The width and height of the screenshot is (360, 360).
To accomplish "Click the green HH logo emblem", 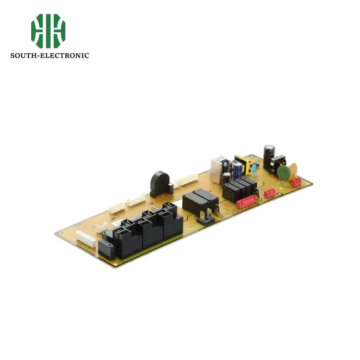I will [x=48, y=27].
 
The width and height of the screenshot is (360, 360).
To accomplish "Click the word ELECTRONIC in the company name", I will [x=69, y=56].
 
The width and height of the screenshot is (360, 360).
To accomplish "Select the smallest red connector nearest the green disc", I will [x=297, y=182].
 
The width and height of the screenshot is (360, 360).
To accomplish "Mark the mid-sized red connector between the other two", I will [x=269, y=193].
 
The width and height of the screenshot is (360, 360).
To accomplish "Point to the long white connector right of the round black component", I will [x=186, y=182].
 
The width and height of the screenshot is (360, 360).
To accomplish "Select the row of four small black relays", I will [x=239, y=188].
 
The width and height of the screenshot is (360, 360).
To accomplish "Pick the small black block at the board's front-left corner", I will [x=105, y=250].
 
